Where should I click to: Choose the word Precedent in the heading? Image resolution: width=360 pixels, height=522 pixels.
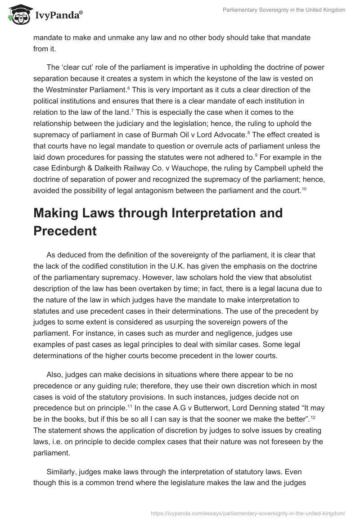pos(65,231)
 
